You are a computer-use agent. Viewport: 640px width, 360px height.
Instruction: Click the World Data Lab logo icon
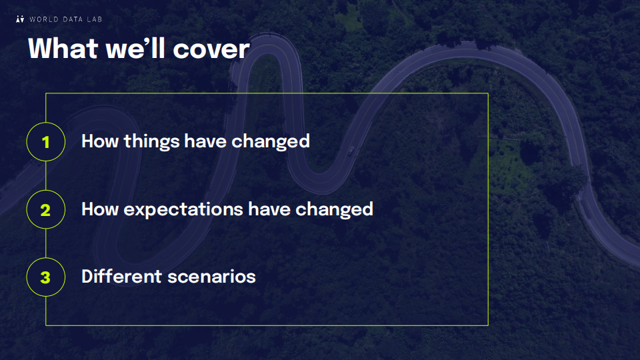click(20, 19)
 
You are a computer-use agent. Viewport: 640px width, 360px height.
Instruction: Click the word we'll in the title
click(135, 49)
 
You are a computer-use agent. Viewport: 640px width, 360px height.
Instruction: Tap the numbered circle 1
click(46, 141)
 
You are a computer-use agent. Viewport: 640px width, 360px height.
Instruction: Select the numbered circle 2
click(46, 209)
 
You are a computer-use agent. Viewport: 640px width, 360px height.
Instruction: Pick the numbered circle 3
click(46, 277)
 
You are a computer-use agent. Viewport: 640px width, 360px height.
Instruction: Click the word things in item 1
click(152, 142)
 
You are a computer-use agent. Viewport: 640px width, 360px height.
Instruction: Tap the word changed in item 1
click(271, 141)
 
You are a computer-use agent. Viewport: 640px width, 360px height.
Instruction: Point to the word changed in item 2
click(334, 209)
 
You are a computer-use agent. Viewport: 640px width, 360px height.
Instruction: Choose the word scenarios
click(212, 277)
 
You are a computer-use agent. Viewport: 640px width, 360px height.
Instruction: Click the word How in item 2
click(100, 209)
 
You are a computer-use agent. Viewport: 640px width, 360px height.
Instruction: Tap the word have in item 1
click(206, 141)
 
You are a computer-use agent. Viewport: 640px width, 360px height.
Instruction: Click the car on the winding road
click(351, 151)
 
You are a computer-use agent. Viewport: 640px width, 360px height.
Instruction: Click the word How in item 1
click(100, 141)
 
